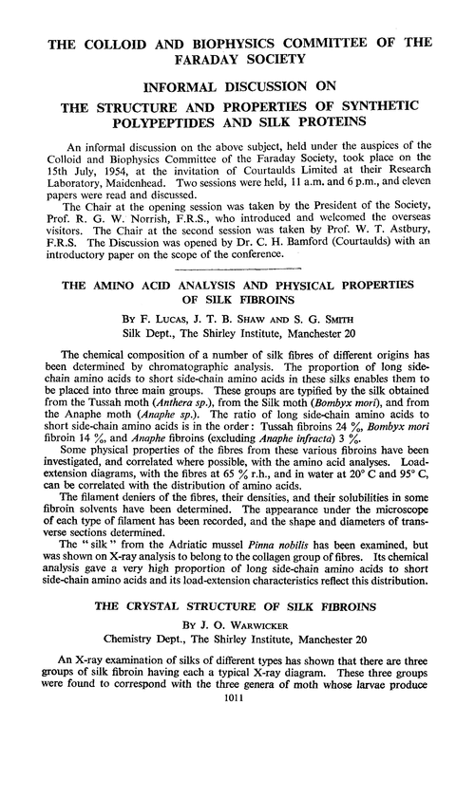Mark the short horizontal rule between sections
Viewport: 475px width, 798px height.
pos(237,272)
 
